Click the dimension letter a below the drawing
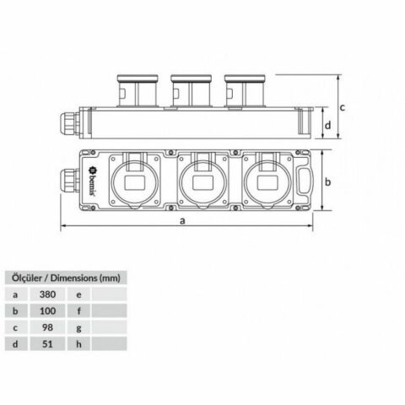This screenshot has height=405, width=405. tap(183, 220)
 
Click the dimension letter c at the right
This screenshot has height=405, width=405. tap(343, 107)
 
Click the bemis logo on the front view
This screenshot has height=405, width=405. tap(89, 181)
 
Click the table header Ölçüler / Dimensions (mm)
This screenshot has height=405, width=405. tap(65, 277)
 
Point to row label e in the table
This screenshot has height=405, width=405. tap(78, 294)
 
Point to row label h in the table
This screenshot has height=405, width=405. tap(78, 343)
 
